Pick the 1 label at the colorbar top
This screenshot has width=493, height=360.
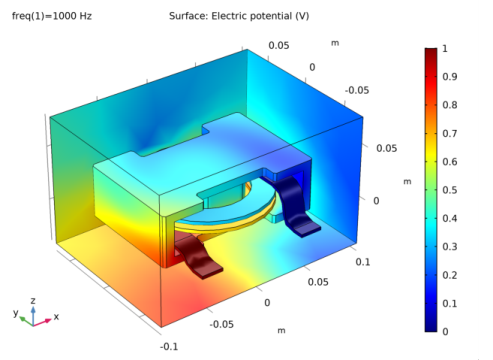(445, 48)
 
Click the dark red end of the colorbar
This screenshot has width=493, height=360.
(430, 52)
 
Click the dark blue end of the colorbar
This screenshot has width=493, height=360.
(430, 326)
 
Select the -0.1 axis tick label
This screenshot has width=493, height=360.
(170, 345)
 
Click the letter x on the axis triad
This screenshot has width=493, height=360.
(56, 316)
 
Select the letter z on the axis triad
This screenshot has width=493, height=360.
(34, 299)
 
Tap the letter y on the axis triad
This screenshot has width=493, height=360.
(16, 312)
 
